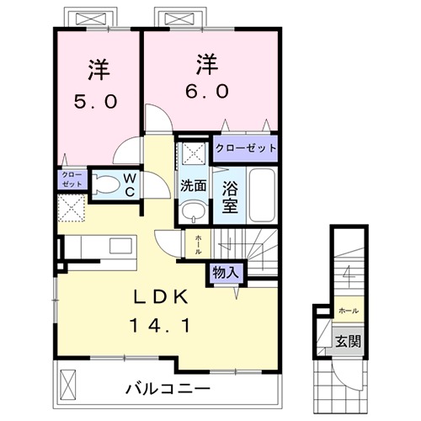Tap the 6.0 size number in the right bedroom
[203, 90]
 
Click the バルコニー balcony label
[168, 388]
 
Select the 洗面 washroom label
[193, 185]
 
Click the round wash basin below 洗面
[193, 210]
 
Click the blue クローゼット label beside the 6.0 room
[246, 148]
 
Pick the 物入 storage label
[225, 272]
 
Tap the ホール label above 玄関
[349, 311]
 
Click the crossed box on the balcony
[68, 384]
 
